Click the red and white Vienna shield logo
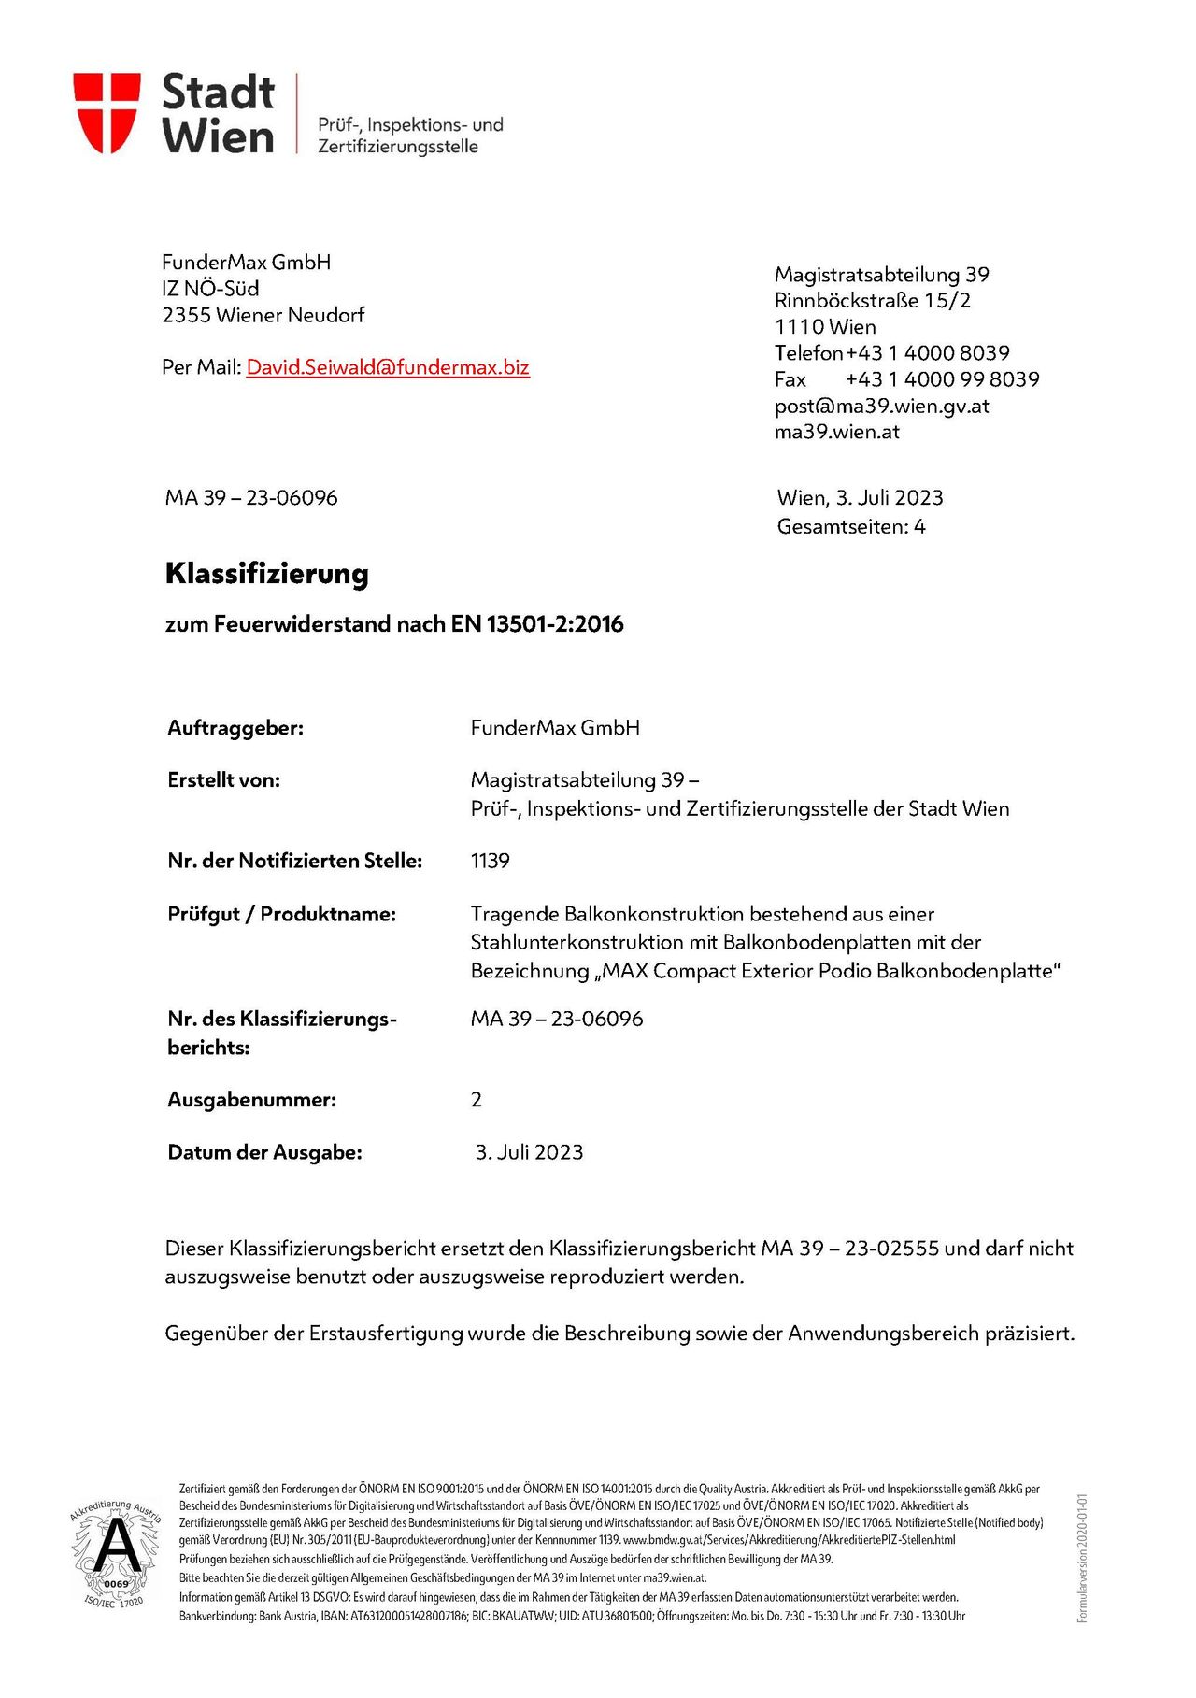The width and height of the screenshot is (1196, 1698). coord(107,112)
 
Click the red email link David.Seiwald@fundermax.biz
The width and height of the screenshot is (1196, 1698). coord(388,367)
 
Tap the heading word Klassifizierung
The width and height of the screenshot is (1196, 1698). coord(267,573)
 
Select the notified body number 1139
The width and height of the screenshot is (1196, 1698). coord(491,861)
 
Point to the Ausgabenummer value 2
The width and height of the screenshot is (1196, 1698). coord(477,1100)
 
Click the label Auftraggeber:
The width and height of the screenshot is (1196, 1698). coord(235,728)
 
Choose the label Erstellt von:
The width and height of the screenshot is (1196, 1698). coord(224,780)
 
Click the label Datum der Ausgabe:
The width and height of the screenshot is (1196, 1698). coord(264,1152)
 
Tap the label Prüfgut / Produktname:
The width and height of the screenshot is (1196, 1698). coord(281,914)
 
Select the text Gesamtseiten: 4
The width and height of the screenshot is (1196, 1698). coord(851,527)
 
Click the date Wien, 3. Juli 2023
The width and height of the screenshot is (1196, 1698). coord(860,498)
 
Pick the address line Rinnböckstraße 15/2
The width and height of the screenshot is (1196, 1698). coord(873,301)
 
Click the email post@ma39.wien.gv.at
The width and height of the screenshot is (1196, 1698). coord(881,407)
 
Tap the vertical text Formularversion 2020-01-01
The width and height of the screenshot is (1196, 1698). coord(1082,1558)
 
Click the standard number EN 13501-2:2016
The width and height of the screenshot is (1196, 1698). coord(537,624)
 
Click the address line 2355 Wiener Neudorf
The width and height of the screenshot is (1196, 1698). coord(263,315)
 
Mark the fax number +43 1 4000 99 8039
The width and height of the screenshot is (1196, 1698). coord(942,379)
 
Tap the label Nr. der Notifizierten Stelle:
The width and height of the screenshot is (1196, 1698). coord(294,861)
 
